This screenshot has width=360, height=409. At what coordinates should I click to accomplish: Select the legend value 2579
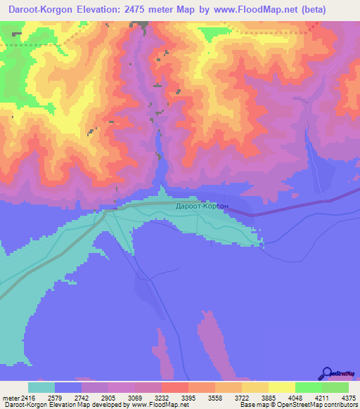tap(67, 398)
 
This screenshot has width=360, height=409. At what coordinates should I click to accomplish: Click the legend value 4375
tap(349, 398)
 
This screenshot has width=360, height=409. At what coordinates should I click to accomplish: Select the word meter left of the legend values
tap(11, 398)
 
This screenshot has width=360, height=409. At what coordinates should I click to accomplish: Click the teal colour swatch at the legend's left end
tap(41, 387)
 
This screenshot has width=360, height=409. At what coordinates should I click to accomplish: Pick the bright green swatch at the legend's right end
tap(335, 387)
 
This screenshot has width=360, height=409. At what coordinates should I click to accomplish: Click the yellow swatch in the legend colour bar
tap(282, 387)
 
